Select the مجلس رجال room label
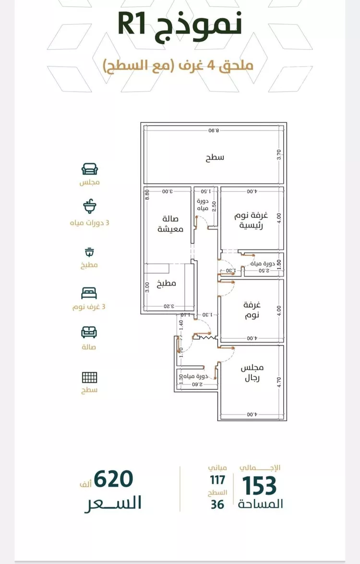[252, 373]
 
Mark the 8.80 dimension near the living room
[148, 194]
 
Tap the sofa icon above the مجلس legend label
[90, 169]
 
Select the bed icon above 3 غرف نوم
[90, 292]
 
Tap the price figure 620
[113, 479]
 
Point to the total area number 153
[259, 485]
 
